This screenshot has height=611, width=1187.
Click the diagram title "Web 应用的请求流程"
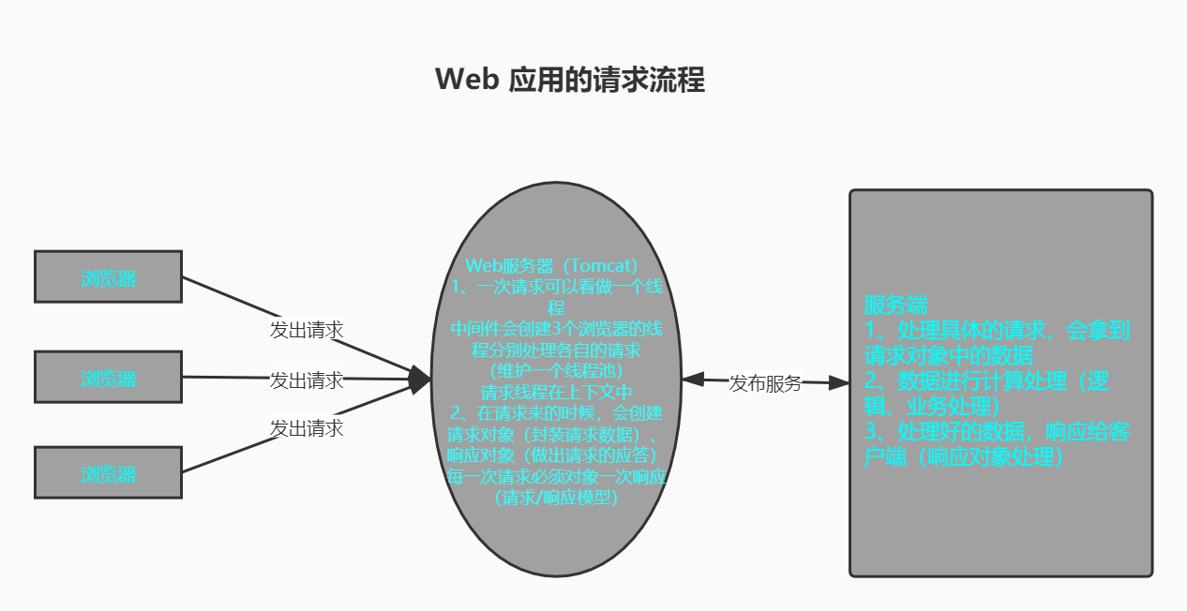(570, 80)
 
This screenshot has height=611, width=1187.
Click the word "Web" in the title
(466, 80)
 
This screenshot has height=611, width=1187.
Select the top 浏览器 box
(108, 277)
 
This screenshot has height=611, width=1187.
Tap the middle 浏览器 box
(108, 378)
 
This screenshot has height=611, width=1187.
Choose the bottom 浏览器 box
(108, 473)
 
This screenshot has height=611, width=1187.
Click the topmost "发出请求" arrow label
(307, 330)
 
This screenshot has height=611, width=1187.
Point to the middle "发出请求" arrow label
(307, 380)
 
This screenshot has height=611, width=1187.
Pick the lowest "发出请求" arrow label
(307, 428)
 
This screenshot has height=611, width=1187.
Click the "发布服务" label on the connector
(765, 382)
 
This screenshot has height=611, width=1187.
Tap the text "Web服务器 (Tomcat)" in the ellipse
(552, 265)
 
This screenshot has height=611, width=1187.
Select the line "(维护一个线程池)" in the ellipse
(557, 372)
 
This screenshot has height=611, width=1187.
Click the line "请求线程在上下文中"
(557, 392)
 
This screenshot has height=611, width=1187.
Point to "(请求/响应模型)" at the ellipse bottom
(557, 497)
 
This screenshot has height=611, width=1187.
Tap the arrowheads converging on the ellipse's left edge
(419, 380)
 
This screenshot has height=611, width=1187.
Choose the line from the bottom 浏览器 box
(225, 457)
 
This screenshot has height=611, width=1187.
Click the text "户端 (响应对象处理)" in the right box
(966, 457)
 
